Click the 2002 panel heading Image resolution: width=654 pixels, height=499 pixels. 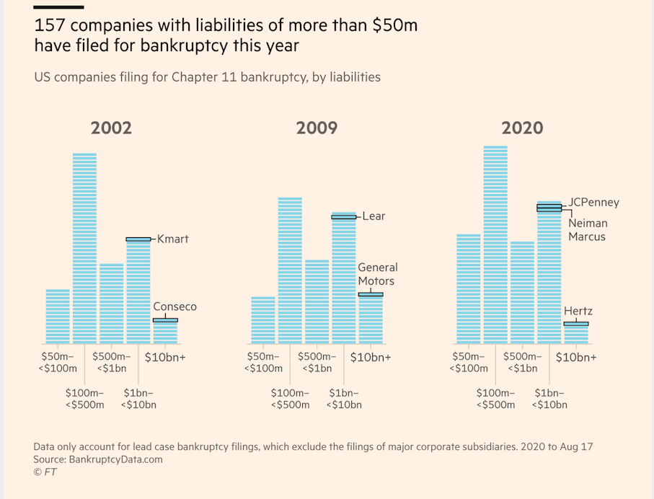click(111, 128)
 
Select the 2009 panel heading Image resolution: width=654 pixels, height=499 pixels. click(317, 128)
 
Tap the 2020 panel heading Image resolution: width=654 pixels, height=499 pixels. click(522, 128)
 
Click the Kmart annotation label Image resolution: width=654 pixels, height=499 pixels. click(173, 239)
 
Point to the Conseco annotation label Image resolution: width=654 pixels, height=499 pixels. click(174, 306)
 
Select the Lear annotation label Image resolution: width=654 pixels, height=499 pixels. click(374, 216)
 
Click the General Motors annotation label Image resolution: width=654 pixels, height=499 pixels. click(378, 274)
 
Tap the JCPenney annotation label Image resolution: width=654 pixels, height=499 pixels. click(593, 203)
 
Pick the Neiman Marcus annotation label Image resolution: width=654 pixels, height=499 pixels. click(588, 229)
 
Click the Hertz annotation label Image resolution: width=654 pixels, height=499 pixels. click(578, 312)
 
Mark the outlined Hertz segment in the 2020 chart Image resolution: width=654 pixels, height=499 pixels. click(576, 324)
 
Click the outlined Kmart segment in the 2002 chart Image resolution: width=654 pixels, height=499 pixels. click(138, 239)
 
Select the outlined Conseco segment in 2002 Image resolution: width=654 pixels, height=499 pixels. click(165, 319)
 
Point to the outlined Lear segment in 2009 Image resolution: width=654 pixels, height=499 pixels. click(344, 216)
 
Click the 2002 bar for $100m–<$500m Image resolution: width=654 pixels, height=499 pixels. click(84, 249)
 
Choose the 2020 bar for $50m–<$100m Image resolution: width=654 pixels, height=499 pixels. click(469, 288)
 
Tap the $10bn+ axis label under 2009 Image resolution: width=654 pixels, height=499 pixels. click(371, 357)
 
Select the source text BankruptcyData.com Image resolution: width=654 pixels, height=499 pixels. click(115, 459)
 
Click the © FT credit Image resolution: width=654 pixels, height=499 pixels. click(45, 472)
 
